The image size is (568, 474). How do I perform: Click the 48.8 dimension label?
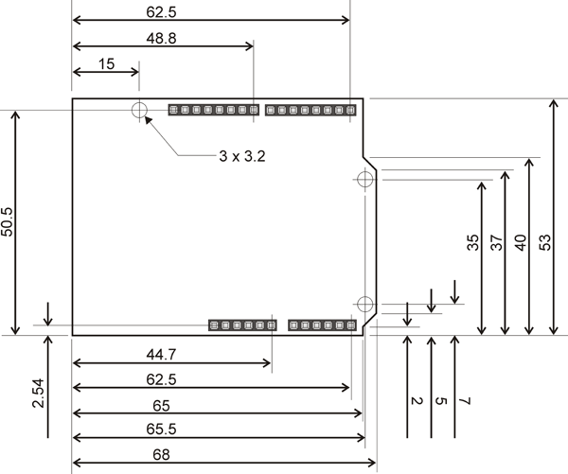point(162,39)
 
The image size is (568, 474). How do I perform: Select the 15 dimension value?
point(106,63)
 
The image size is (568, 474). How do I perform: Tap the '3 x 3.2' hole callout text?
point(235,156)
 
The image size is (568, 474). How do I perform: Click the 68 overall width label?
point(162,454)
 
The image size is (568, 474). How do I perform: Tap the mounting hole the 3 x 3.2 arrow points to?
point(140,110)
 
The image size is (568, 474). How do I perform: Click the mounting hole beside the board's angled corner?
point(364,177)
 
